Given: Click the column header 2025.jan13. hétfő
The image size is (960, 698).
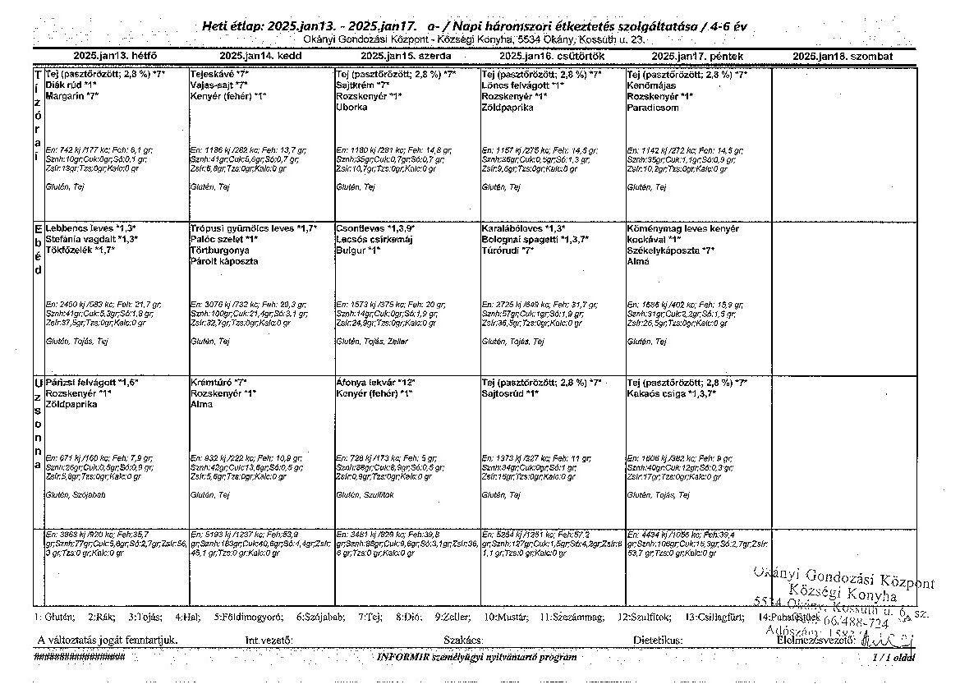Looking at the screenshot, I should click(x=114, y=57).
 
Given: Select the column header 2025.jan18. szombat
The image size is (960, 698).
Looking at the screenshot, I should click(x=843, y=57).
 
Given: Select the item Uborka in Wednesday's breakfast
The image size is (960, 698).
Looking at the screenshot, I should click(x=351, y=108).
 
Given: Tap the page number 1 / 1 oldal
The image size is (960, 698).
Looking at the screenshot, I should click(x=893, y=657).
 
